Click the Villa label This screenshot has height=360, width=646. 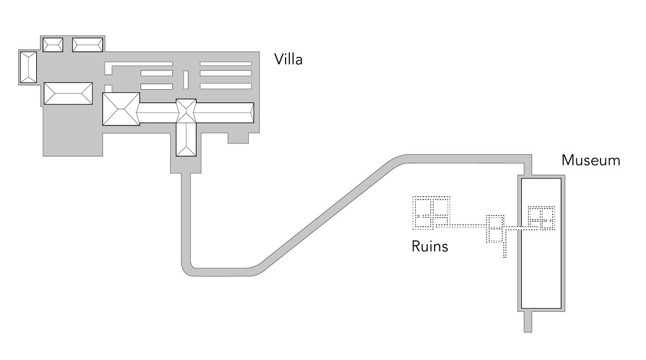click(x=288, y=60)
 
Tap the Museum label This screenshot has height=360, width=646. click(x=591, y=160)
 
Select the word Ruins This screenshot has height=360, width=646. click(x=430, y=246)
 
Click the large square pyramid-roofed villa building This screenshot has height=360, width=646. click(x=121, y=109)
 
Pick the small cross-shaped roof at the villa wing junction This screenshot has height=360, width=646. click(x=186, y=111)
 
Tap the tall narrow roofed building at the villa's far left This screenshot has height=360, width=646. click(x=28, y=67)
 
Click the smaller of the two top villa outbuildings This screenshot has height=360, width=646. click(x=52, y=44)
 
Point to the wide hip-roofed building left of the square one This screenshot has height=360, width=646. click(x=67, y=93)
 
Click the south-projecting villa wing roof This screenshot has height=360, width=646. click(x=186, y=139)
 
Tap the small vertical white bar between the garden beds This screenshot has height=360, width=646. click(x=185, y=79)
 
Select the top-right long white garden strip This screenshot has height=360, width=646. click(x=225, y=63)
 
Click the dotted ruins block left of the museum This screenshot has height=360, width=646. click(x=430, y=212)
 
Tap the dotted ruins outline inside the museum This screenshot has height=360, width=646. click(x=541, y=218)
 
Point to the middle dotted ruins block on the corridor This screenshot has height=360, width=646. click(x=496, y=230)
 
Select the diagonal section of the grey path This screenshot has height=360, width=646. click(x=330, y=213)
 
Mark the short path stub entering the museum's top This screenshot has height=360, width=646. click(x=528, y=167)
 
